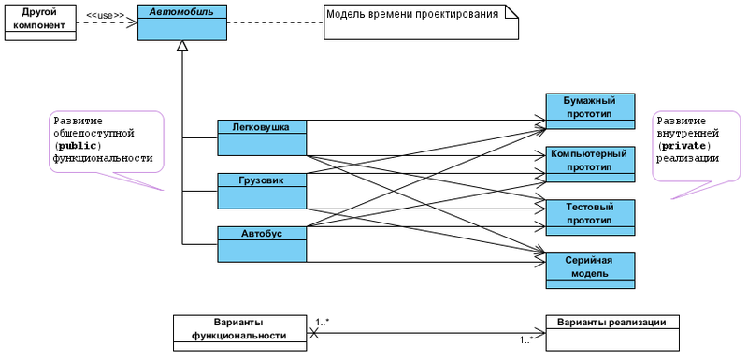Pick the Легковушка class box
pos(261,137)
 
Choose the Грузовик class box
pos(261,190)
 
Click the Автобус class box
pos(261,243)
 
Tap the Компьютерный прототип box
pos(590,164)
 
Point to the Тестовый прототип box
pos(590,217)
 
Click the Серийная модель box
pos(590,270)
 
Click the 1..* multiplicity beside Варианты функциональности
pos(323,322)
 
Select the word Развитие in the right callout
pos(681,122)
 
